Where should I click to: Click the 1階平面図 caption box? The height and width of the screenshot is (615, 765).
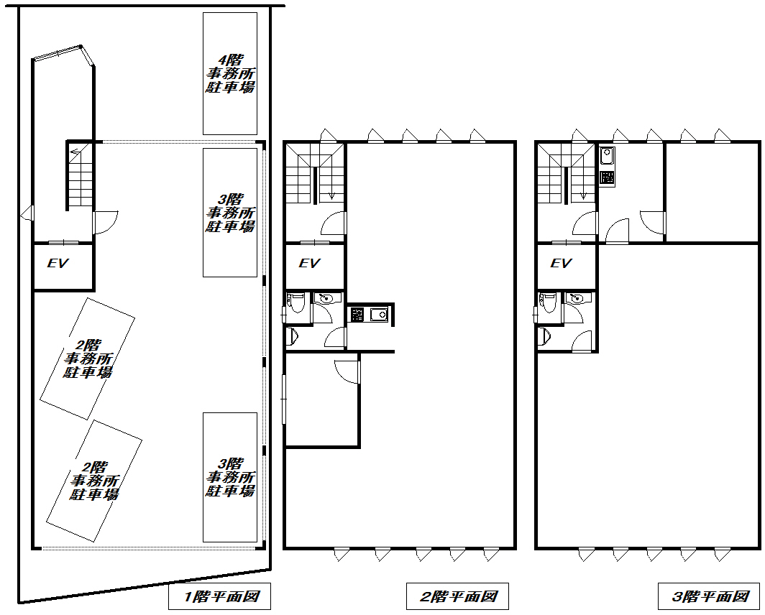219,596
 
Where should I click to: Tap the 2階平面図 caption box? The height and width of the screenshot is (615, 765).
457,596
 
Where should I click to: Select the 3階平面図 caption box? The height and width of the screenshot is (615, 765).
710,596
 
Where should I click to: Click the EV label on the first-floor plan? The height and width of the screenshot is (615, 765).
58,264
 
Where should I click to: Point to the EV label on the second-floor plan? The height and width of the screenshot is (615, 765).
309,264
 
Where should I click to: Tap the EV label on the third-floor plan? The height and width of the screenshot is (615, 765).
561,264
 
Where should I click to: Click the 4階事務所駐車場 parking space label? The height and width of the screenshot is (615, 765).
230,74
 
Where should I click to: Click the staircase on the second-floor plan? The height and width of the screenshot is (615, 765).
314,173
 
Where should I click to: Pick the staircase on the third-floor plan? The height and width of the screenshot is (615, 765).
566,173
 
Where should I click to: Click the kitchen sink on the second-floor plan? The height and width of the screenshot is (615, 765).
379,315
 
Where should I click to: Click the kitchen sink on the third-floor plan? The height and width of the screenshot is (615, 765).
607,156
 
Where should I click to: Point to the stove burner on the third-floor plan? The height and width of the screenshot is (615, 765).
607,177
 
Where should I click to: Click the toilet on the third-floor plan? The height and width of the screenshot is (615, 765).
549,303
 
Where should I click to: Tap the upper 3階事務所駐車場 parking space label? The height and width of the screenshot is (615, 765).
230,213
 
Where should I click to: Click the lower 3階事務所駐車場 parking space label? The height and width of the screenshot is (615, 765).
230,477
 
